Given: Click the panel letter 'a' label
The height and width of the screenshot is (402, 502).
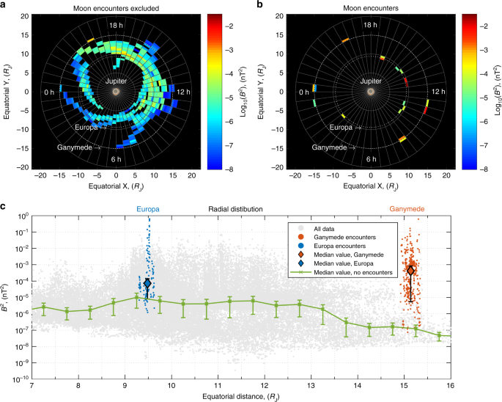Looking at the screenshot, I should click(x=5, y=5).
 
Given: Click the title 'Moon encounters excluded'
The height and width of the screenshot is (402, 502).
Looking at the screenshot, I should click(x=116, y=8).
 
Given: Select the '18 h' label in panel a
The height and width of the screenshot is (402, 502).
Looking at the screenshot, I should click(x=116, y=25).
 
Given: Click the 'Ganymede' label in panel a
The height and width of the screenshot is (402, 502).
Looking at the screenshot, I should click(x=75, y=147).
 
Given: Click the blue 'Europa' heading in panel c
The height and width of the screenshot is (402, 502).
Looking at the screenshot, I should click(x=148, y=209).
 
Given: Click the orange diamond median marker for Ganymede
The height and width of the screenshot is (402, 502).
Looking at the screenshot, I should click(x=411, y=270).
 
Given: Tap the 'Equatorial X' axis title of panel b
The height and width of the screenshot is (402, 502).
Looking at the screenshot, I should click(x=370, y=186).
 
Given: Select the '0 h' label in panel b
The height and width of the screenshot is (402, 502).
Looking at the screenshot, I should click(x=304, y=92).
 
